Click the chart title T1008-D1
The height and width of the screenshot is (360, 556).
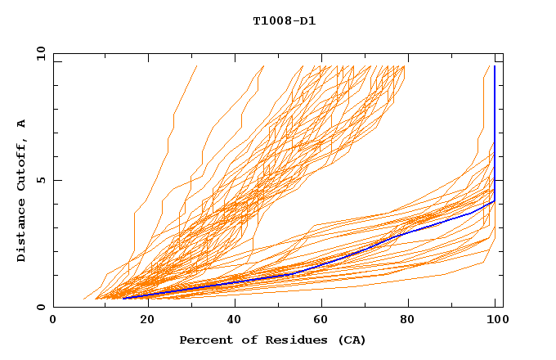tap(284, 20)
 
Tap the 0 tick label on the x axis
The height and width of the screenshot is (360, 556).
tap(53, 320)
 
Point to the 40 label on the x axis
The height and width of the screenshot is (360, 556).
tap(235, 320)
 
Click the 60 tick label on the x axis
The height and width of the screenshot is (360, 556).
tap(323, 320)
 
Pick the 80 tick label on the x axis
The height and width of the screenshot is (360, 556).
tap(411, 320)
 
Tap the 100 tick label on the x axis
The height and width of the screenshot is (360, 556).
tap(495, 320)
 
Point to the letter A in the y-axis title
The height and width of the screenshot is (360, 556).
tap(22, 124)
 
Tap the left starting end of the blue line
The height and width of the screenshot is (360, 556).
tap(123, 298)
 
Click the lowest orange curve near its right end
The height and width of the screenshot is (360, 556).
tap(482, 262)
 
